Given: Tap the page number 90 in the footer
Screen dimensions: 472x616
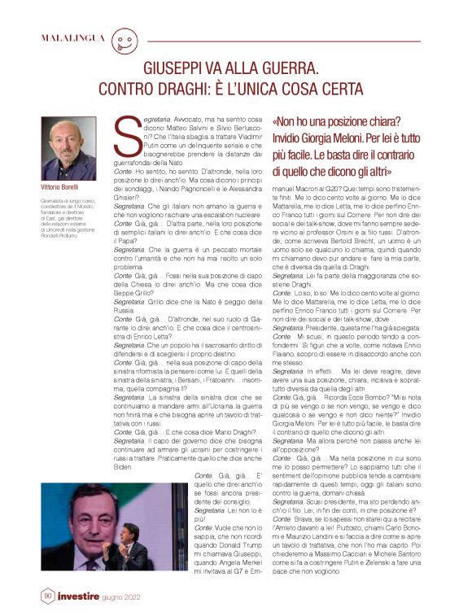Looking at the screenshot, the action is coord(47,596).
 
